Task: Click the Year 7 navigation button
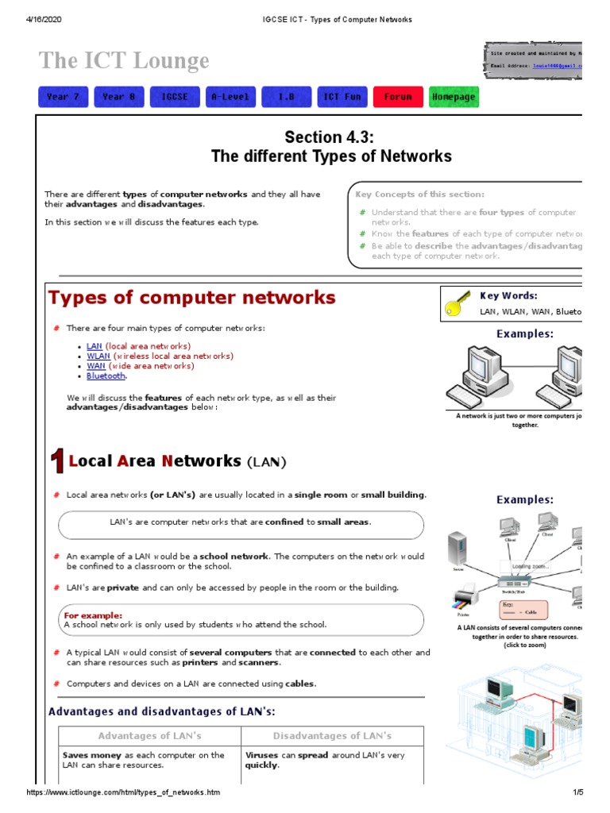63,97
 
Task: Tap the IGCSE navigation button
175,97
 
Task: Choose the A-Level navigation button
230,97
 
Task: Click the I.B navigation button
286,97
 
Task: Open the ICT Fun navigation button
342,97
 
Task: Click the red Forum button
398,97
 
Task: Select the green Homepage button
454,97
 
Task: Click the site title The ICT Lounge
124,60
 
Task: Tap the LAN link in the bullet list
95,347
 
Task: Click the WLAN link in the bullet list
98,356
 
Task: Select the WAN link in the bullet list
96,366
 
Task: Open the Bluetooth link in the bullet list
106,376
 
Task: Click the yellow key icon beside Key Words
458,305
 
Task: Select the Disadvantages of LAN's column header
332,736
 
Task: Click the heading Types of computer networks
192,299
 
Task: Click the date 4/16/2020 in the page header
44,19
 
